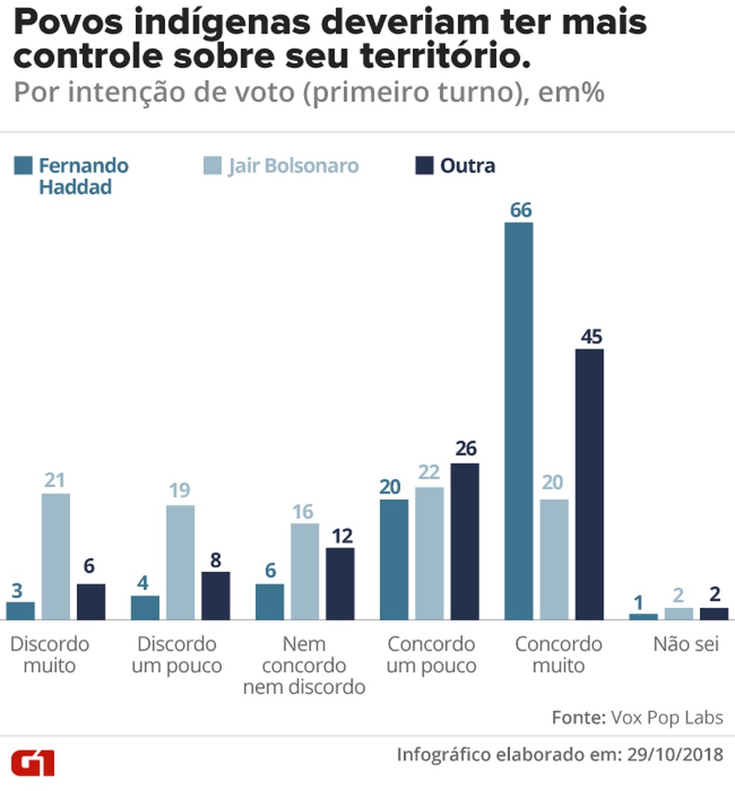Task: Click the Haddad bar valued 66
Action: pos(519,421)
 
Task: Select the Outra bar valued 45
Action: pos(589,484)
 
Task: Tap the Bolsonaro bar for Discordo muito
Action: pos(55,556)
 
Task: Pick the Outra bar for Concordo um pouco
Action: pos(465,541)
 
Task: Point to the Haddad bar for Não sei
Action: pos(643,616)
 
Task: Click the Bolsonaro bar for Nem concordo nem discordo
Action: pos(305,571)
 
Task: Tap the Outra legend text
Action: pos(468,166)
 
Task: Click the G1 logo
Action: pos(33,763)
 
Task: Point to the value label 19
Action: pos(180,491)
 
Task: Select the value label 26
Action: pos(465,449)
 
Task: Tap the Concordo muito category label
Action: pos(559,654)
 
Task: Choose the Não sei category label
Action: pos(686,644)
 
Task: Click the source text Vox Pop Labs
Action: pos(667,717)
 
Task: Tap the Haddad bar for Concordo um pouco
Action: pos(394,559)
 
